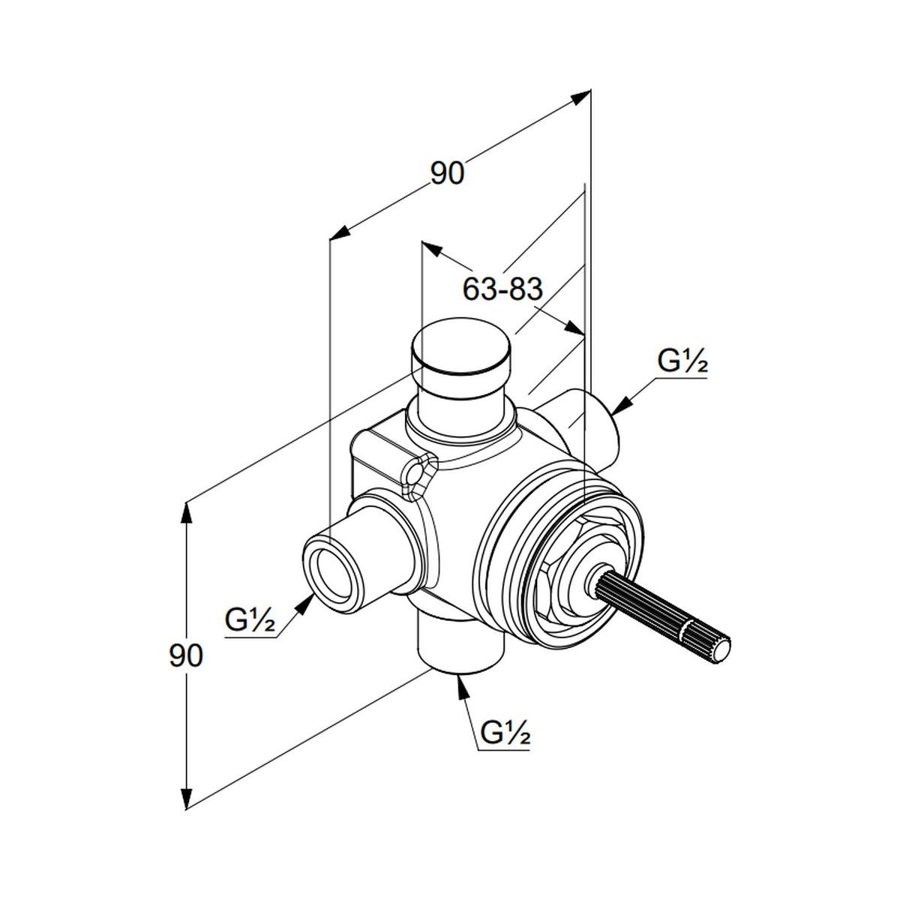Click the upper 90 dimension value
(448, 173)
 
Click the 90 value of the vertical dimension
(185, 655)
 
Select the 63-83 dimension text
(502, 288)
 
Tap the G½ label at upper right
(682, 362)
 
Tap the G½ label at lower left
(250, 621)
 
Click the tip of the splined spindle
(722, 649)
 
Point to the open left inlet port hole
(330, 568)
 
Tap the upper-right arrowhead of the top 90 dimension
(582, 96)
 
